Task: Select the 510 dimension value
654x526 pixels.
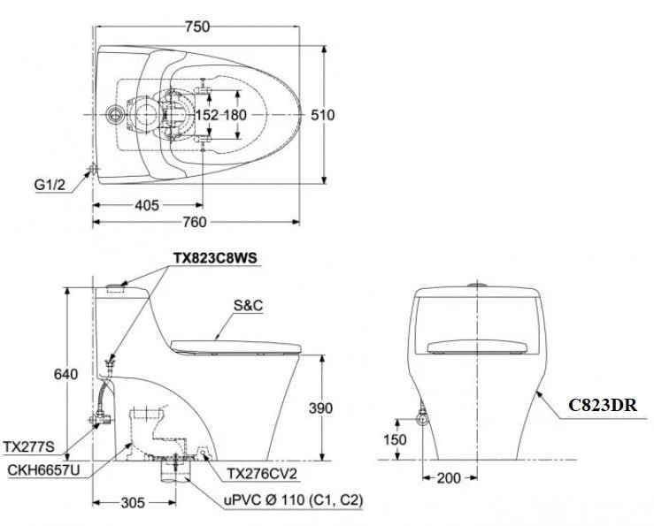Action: [x=322, y=115]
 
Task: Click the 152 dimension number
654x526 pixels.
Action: [x=206, y=115]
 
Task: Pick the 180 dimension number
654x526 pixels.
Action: [x=235, y=115]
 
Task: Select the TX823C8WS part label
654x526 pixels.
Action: [x=216, y=257]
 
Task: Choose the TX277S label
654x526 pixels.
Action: [x=29, y=446]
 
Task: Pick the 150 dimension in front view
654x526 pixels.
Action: [x=396, y=439]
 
